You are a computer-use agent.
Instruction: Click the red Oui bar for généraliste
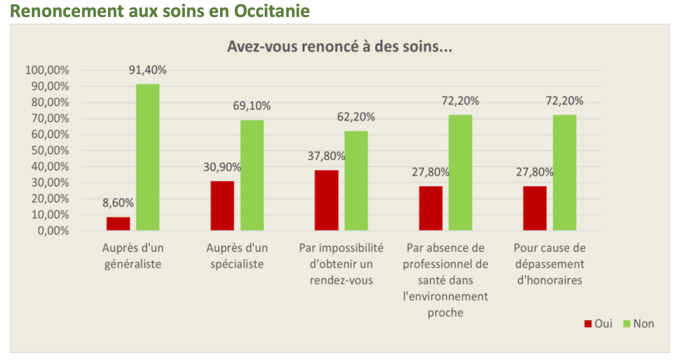click(x=118, y=224)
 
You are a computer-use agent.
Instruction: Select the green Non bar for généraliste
click(x=148, y=157)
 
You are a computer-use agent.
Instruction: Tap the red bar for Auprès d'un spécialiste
click(x=222, y=206)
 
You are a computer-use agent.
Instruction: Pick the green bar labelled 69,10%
click(x=252, y=175)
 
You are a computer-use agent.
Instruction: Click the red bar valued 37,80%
click(x=326, y=200)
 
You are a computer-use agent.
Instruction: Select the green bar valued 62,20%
click(x=356, y=180)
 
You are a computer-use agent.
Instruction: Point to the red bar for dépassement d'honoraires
click(x=535, y=208)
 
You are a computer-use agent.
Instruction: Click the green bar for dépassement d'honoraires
click(x=565, y=173)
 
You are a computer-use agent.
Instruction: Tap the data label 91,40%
click(x=148, y=70)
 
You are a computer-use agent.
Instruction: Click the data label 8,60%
click(x=118, y=203)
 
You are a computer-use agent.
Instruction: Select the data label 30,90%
click(x=222, y=167)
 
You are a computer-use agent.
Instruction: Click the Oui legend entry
click(x=599, y=324)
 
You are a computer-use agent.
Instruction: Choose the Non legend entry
click(x=639, y=324)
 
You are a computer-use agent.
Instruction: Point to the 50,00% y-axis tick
click(x=50, y=150)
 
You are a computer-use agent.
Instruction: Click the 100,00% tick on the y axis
click(x=47, y=70)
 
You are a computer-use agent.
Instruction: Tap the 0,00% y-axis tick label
click(x=53, y=231)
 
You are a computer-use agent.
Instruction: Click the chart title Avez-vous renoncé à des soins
click(x=339, y=47)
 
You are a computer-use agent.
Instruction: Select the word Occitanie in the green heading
click(x=272, y=11)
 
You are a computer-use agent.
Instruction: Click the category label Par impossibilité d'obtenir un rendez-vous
click(x=341, y=264)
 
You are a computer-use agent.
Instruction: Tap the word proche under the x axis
click(x=445, y=313)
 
